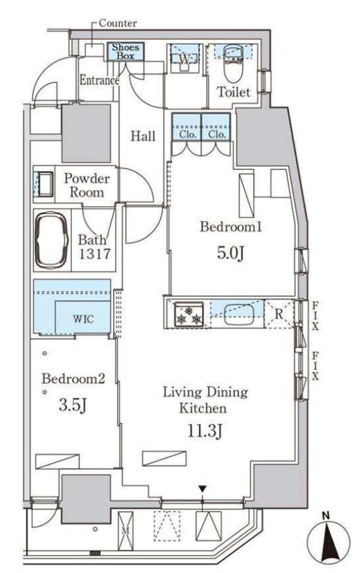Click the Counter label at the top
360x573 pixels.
pyautogui.click(x=118, y=24)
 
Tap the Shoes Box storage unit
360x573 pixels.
pyautogui.click(x=125, y=52)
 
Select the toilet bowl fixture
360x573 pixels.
pyautogui.click(x=231, y=66)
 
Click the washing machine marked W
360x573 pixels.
pyautogui.click(x=185, y=58)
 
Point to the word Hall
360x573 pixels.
pyautogui.click(x=143, y=137)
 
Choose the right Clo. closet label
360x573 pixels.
pyautogui.click(x=216, y=134)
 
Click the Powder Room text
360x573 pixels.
pyautogui.click(x=87, y=185)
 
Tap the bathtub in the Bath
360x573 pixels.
pyautogui.click(x=52, y=239)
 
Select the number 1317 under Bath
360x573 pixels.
pyautogui.click(x=94, y=253)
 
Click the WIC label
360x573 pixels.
pyautogui.click(x=83, y=319)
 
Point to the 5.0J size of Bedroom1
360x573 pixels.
pyautogui.click(x=230, y=253)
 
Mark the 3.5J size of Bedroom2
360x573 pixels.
pyautogui.click(x=72, y=405)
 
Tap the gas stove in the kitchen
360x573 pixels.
pyautogui.click(x=189, y=314)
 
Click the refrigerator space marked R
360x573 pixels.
pyautogui.click(x=278, y=314)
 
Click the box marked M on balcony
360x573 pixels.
pyautogui.click(x=125, y=531)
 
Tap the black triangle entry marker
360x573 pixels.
pyautogui.click(x=203, y=489)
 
